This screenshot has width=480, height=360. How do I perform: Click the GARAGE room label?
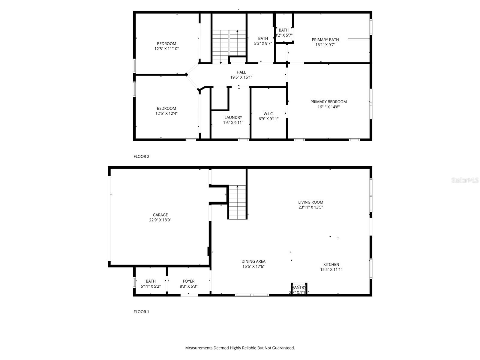click(160, 215)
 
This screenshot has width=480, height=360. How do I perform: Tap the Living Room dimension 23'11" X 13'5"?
click(310, 207)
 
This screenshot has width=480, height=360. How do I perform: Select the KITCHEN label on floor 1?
click(331, 264)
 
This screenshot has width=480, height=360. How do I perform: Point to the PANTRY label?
click(299, 287)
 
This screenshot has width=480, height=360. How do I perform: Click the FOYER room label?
click(189, 281)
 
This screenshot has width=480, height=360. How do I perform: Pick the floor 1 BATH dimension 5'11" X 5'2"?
click(151, 286)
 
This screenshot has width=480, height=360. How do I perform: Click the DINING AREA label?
click(253, 261)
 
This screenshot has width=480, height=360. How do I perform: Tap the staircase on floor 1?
click(237, 202)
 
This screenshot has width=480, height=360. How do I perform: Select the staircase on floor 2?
click(229, 46)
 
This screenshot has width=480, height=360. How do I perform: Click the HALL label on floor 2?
click(241, 72)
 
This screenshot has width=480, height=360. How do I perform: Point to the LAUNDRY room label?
click(233, 117)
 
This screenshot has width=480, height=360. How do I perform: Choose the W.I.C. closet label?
click(268, 114)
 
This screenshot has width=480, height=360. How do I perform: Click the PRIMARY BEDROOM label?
click(328, 102)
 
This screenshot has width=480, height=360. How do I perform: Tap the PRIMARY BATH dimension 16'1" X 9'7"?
click(325, 45)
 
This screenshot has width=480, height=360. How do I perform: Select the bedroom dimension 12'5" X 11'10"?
click(167, 49)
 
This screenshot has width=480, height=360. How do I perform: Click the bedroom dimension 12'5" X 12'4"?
click(166, 113)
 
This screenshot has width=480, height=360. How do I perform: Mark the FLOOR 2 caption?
click(141, 156)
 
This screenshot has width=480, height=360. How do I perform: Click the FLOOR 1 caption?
click(141, 312)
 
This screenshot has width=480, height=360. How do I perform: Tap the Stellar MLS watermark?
click(465, 180)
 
